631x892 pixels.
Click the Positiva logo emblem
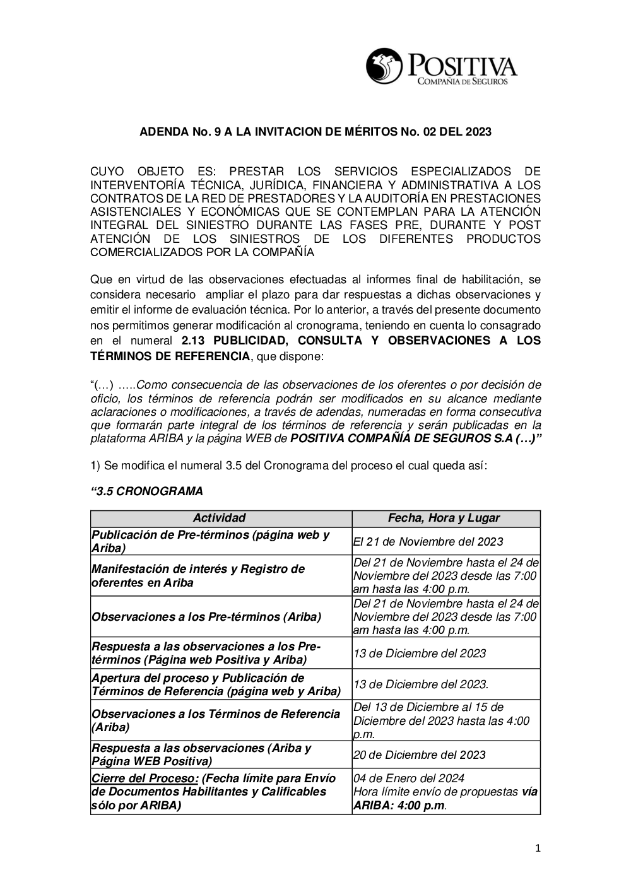click(384, 66)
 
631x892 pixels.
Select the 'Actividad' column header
click(219, 518)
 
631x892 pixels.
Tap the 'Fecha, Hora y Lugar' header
click(444, 518)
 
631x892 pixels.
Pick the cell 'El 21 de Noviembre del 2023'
click(428, 541)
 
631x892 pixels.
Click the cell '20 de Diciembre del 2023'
click(420, 754)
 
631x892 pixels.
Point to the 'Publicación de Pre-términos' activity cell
click(211, 541)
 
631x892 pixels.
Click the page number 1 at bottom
click(538, 849)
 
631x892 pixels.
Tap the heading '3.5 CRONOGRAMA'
click(148, 491)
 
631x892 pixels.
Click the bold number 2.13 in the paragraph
click(194, 341)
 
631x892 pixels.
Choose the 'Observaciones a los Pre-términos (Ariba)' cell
click(206, 616)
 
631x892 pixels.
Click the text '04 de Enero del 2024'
click(409, 778)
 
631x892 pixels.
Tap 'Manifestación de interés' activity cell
click(198, 575)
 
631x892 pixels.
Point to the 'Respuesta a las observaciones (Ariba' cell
click(201, 754)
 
